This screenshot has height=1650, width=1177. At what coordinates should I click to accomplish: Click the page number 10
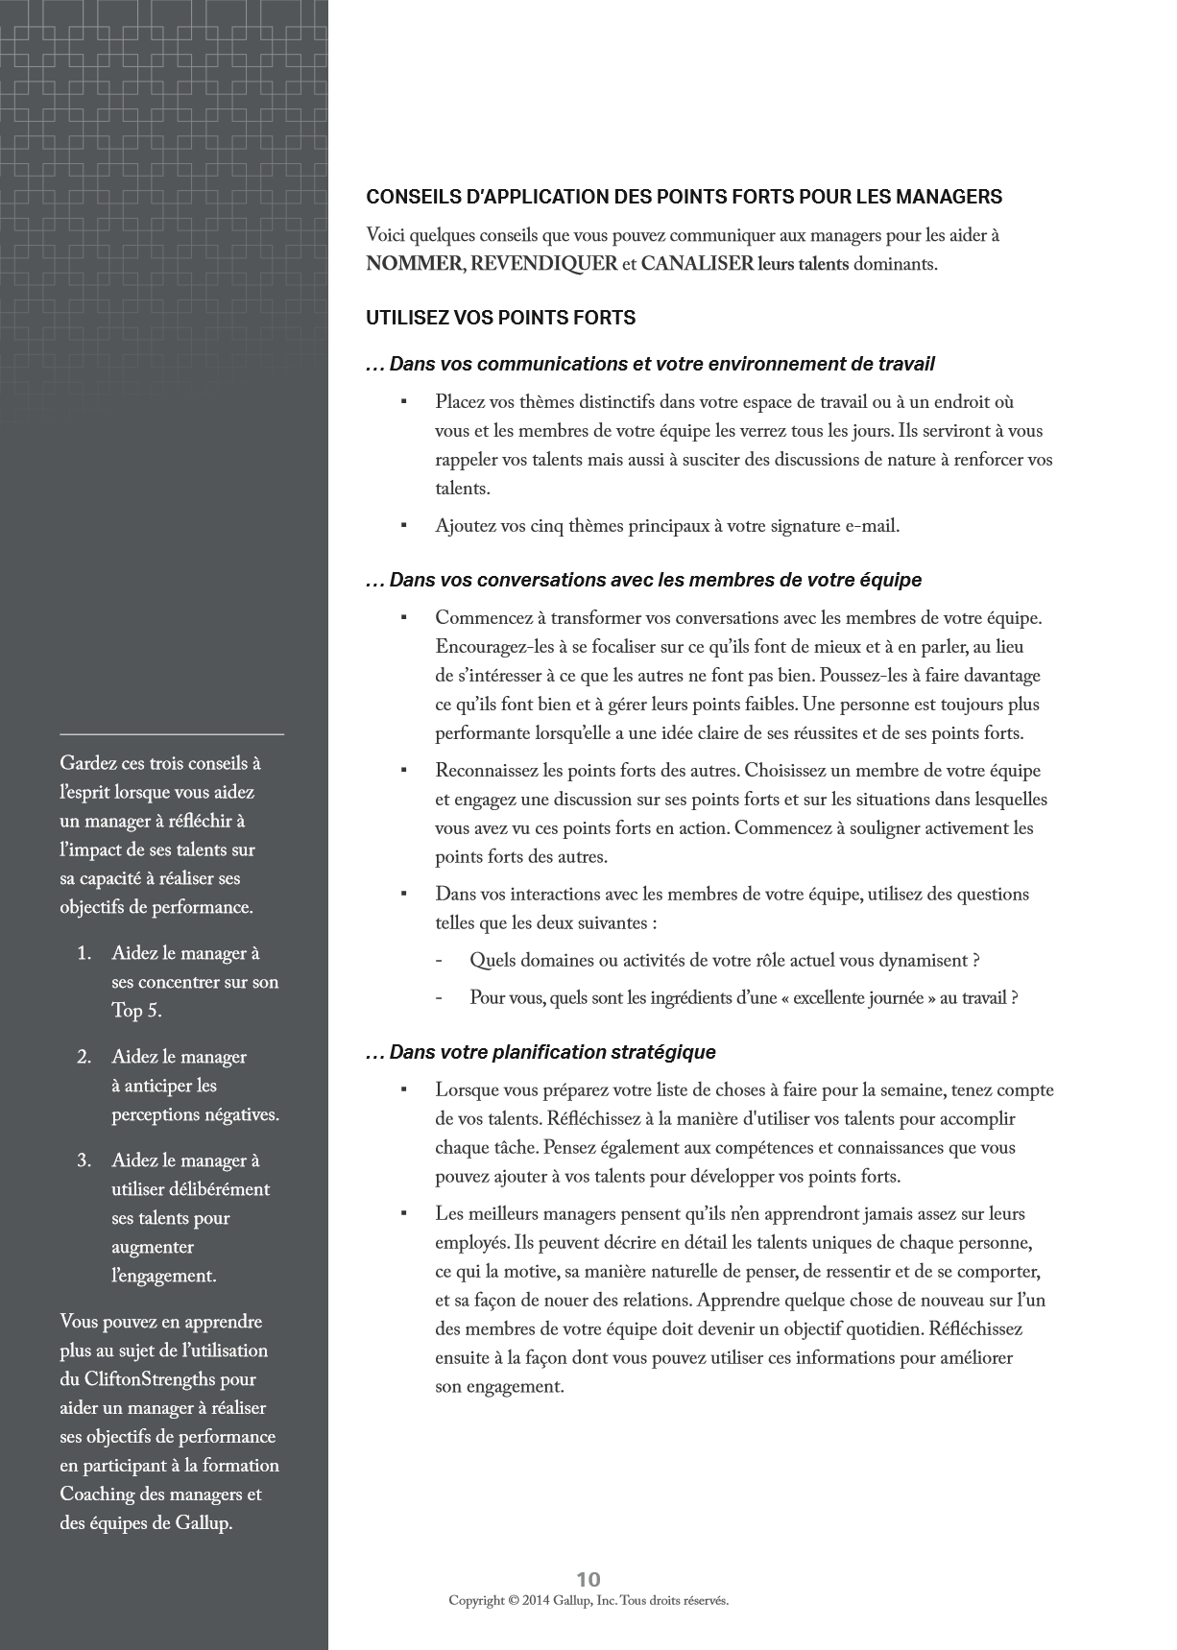coord(588,1579)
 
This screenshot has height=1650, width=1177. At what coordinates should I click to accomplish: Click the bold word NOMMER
coord(414,264)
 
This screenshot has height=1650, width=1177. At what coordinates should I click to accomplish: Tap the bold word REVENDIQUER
coord(544,264)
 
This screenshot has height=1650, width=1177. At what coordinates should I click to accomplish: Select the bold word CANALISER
coord(697,264)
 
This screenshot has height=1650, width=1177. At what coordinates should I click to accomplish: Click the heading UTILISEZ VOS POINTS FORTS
coord(500,318)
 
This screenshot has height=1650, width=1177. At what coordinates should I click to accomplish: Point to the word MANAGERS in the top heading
coord(949,197)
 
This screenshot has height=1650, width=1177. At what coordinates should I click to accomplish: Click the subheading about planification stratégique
coord(540,1052)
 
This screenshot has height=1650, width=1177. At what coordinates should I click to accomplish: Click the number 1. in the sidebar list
coord(84,953)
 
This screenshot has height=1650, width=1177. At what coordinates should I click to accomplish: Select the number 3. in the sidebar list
coord(84,1160)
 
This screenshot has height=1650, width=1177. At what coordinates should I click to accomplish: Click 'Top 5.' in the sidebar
coord(136,1011)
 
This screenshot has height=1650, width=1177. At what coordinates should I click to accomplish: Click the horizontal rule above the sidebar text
coord(172,734)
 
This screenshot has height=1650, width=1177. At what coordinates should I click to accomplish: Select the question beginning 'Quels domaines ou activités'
coord(724,961)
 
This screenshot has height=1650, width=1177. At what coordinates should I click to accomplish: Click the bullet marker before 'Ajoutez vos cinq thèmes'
coord(404,525)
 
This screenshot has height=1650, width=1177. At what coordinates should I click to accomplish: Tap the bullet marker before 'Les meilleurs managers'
coord(404,1213)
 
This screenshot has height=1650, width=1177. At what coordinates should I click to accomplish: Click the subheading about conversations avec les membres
coord(643,580)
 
